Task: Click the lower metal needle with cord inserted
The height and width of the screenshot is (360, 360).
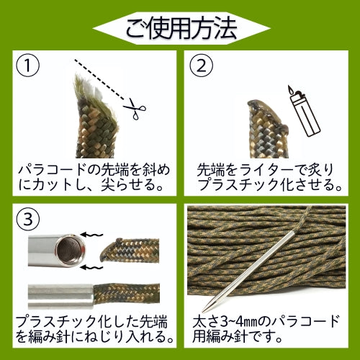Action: coord(61,294)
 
